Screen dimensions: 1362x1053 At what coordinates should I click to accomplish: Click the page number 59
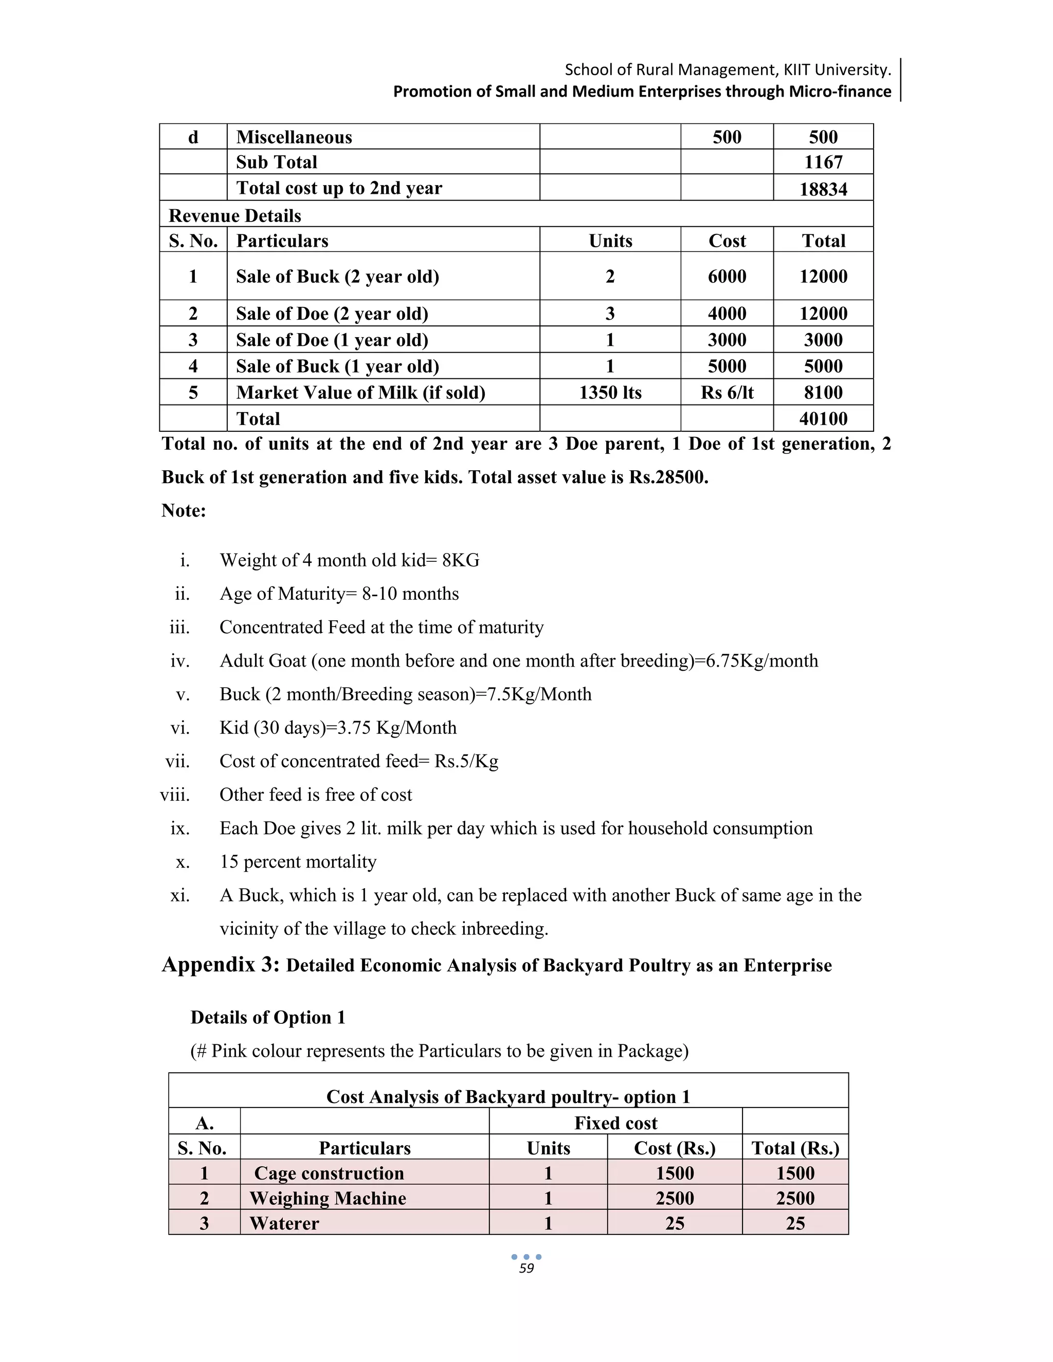click(526, 1268)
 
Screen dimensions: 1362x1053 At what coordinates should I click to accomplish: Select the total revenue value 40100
click(823, 418)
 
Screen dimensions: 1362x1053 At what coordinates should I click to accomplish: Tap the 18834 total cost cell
click(823, 189)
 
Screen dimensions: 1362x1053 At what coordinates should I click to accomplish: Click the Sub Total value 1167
click(823, 162)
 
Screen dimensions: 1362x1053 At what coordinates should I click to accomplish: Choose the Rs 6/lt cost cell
click(727, 392)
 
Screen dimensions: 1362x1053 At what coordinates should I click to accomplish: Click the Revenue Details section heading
click(234, 216)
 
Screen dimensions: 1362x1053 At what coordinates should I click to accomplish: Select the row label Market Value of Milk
click(360, 392)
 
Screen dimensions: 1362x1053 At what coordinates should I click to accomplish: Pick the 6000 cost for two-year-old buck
click(727, 277)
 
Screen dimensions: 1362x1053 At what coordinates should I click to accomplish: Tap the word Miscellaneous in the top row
click(294, 137)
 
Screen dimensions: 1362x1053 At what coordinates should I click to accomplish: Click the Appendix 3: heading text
click(220, 964)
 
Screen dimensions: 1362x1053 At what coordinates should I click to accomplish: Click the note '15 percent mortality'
click(298, 861)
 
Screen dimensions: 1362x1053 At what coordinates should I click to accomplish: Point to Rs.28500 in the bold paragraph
click(668, 477)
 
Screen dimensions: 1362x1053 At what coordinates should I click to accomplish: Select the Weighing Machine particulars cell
click(328, 1198)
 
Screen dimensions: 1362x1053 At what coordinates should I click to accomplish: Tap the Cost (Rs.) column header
click(675, 1148)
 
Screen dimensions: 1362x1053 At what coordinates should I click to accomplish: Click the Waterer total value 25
click(795, 1223)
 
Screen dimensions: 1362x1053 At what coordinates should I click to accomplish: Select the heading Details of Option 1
click(267, 1017)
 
